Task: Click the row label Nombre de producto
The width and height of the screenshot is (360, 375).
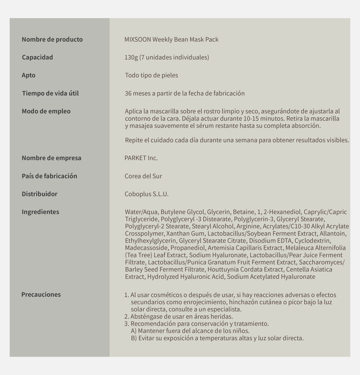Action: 52,40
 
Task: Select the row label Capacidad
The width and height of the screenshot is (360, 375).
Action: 37,58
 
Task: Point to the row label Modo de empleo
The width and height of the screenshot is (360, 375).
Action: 46,112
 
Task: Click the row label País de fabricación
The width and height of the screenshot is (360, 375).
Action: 49,176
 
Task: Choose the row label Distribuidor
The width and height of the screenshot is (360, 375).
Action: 40,194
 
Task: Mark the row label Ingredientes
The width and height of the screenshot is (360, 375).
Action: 40,212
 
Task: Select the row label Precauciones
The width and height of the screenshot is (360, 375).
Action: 41,295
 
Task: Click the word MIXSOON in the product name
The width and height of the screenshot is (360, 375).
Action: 138,40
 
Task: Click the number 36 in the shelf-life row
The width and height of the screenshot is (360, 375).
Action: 128,94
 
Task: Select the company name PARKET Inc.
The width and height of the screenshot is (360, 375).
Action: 141,158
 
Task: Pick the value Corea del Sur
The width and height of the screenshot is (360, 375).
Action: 143,176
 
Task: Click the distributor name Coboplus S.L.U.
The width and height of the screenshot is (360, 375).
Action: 146,194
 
